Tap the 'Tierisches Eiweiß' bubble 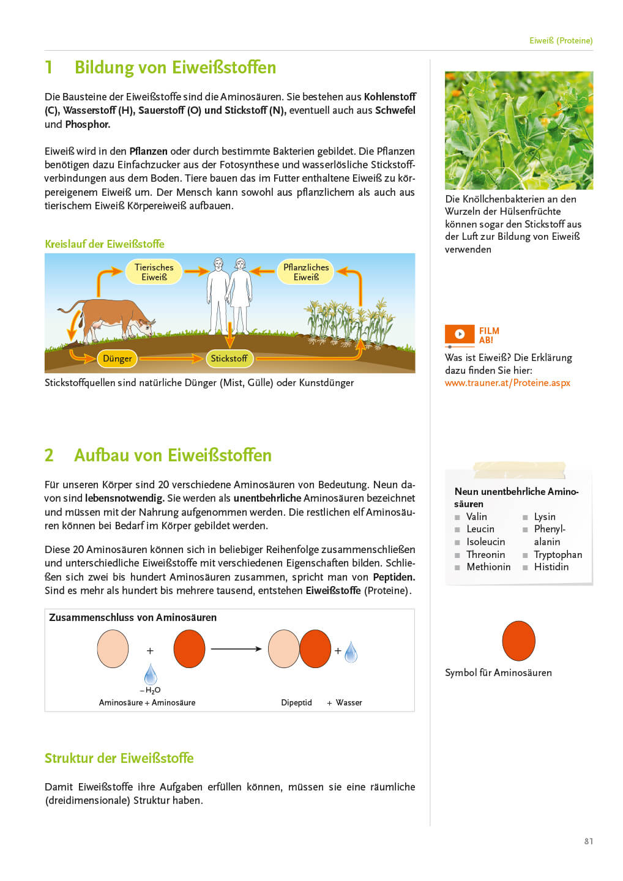pyautogui.click(x=154, y=272)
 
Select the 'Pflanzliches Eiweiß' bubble pyautogui.click(x=306, y=272)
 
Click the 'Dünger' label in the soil pyautogui.click(x=117, y=359)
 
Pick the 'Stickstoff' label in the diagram pyautogui.click(x=229, y=359)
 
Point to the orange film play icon pyautogui.click(x=460, y=334)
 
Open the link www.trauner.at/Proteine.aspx pyautogui.click(x=507, y=383)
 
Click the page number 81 pyautogui.click(x=589, y=841)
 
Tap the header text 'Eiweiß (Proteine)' pyautogui.click(x=561, y=41)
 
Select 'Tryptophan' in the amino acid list pyautogui.click(x=558, y=555)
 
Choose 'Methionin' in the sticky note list pyautogui.click(x=488, y=567)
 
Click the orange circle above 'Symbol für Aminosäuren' pyautogui.click(x=518, y=641)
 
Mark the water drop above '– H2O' pyautogui.click(x=151, y=675)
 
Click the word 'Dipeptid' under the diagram pyautogui.click(x=296, y=703)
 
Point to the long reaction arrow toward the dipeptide pyautogui.click(x=236, y=649)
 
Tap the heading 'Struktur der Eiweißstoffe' pyautogui.click(x=119, y=758)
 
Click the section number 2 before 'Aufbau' pyautogui.click(x=49, y=455)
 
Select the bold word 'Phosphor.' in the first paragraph pyautogui.click(x=88, y=124)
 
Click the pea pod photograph pyautogui.click(x=518, y=130)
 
